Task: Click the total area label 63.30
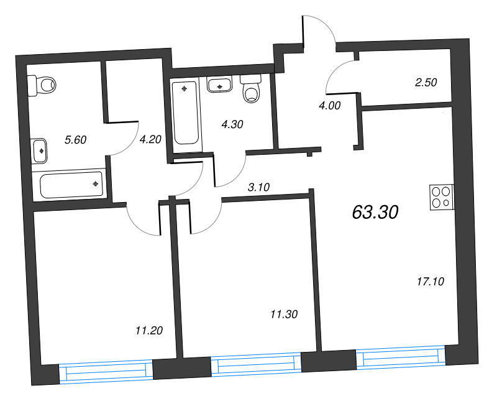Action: [375, 212]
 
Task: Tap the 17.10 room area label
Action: [431, 282]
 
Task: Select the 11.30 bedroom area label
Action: [284, 315]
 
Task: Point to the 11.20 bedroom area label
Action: [149, 331]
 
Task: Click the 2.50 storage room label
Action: [426, 83]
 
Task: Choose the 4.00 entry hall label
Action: [330, 106]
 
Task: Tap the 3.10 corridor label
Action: [258, 188]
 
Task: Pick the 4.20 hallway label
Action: [150, 139]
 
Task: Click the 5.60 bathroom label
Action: [75, 140]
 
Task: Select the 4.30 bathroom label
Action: [232, 124]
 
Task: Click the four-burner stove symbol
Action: [442, 197]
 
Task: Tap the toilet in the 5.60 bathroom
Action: [42, 85]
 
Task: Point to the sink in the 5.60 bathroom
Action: [39, 151]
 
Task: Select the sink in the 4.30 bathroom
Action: [219, 85]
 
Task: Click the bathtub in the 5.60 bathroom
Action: [71, 185]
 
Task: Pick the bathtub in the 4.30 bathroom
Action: [185, 113]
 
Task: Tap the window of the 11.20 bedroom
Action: [106, 372]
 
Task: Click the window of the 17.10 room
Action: [401, 358]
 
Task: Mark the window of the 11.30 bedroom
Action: [256, 364]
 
